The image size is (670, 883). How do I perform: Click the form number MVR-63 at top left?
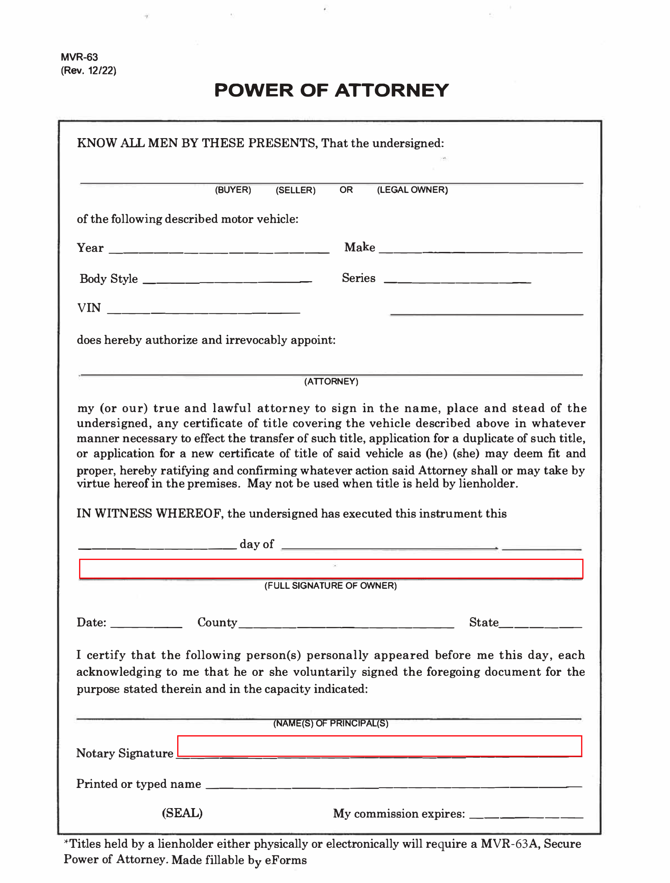point(79,57)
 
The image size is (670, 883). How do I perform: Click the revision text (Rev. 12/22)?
point(88,70)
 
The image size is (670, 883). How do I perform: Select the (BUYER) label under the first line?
point(233,190)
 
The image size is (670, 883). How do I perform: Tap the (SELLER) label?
point(295,190)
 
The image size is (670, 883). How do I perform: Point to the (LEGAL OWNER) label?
point(412,190)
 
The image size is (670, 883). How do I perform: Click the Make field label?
point(359,247)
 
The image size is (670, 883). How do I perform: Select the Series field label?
point(358,278)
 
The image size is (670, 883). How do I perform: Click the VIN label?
point(89,308)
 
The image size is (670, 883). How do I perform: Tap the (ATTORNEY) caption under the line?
point(331,381)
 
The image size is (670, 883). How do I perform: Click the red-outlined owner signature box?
point(331,569)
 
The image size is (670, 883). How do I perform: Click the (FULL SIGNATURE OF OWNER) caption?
point(330,585)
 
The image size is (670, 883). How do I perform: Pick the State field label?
point(484,622)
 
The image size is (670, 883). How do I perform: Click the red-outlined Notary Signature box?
point(379,746)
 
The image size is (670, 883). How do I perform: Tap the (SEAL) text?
point(182,813)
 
